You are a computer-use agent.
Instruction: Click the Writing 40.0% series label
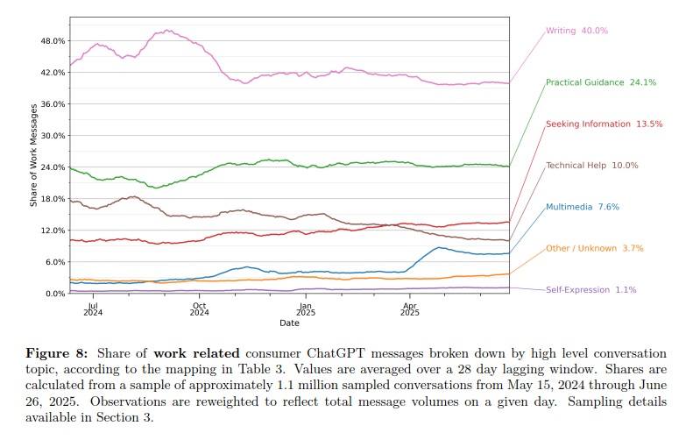tap(576, 31)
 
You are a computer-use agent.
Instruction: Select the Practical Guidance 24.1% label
tap(601, 82)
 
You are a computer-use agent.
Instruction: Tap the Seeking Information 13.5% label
tap(604, 124)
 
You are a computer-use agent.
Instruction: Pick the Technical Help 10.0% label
tap(591, 166)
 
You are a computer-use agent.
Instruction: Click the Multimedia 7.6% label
tap(583, 207)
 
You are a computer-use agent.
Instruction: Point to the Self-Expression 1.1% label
tap(590, 289)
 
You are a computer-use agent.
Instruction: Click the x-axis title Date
tap(289, 323)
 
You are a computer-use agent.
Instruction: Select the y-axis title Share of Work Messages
tap(34, 155)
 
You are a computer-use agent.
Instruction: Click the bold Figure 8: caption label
tap(56, 353)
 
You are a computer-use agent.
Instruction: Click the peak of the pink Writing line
tap(167, 31)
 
